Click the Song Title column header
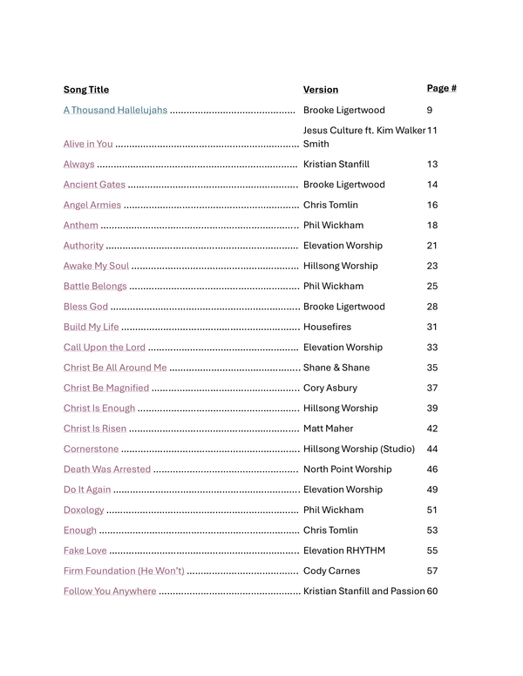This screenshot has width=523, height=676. pyautogui.click(x=86, y=90)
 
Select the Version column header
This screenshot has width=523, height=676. pyautogui.click(x=321, y=90)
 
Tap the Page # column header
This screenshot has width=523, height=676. pyautogui.click(x=442, y=88)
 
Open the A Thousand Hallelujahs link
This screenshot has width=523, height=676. pyautogui.click(x=115, y=111)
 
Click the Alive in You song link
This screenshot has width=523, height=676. pyautogui.click(x=88, y=144)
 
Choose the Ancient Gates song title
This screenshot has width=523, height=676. pyautogui.click(x=94, y=185)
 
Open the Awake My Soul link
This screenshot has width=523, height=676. pyautogui.click(x=96, y=266)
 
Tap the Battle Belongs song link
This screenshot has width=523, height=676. pyautogui.click(x=95, y=286)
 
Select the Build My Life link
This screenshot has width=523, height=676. pyautogui.click(x=91, y=327)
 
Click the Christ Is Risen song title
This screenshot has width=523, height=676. pyautogui.click(x=95, y=429)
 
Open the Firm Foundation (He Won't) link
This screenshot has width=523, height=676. pyautogui.click(x=124, y=571)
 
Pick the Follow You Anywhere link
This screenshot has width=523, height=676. pyautogui.click(x=110, y=591)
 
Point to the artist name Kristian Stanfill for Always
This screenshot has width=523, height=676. pyautogui.click(x=336, y=164)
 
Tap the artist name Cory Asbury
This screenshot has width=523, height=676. pyautogui.click(x=329, y=388)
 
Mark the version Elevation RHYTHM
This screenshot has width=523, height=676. pyautogui.click(x=344, y=551)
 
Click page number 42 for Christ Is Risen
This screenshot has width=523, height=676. pyautogui.click(x=432, y=429)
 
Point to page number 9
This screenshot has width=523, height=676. pyautogui.click(x=430, y=111)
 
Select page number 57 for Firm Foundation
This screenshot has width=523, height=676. pyautogui.click(x=432, y=571)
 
